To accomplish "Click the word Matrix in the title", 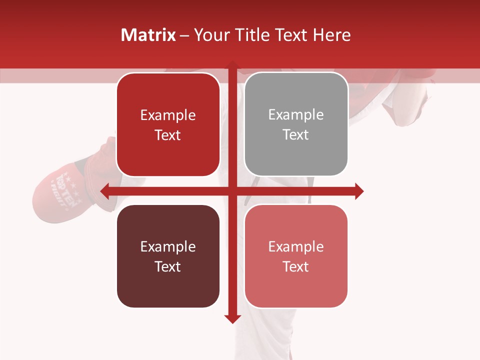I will click(148, 35).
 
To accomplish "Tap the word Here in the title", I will click(331, 35).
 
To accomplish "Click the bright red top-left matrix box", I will click(168, 124).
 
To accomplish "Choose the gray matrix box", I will click(296, 124).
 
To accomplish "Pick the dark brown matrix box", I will click(168, 256).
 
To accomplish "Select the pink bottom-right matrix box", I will click(296, 256).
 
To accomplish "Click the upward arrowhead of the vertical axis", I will click(231, 65).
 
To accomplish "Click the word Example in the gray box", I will click(296, 115).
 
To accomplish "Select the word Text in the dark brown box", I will click(168, 266).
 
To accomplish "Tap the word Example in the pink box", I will click(296, 246).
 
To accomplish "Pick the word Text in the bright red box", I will click(168, 135).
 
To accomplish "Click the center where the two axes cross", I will click(231, 191).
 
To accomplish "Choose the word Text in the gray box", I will click(296, 135).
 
